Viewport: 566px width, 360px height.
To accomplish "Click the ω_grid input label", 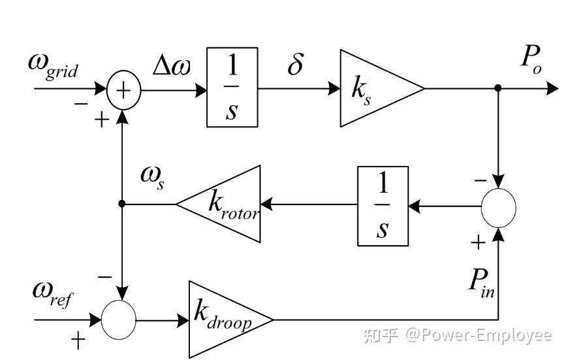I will tap(52, 65).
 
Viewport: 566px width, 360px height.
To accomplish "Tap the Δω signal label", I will tap(172, 66).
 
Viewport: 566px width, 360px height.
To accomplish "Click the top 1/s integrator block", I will tap(232, 87).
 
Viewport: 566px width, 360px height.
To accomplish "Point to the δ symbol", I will tap(295, 65).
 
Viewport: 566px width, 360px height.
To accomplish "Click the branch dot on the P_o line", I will tap(498, 88).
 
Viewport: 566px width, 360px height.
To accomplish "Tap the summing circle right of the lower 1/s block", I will tap(499, 206).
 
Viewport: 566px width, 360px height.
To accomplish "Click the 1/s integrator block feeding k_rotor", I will tap(383, 206).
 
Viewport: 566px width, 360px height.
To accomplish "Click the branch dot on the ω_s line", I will tap(122, 204).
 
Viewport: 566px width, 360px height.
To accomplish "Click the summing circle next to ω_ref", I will tap(119, 320).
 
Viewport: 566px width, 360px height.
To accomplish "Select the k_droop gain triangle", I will tap(225, 319).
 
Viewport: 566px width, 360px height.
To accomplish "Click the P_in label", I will tap(480, 282).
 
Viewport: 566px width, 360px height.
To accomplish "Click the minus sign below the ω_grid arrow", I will tap(80, 104).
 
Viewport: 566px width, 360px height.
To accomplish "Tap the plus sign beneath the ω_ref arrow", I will tap(78, 340).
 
